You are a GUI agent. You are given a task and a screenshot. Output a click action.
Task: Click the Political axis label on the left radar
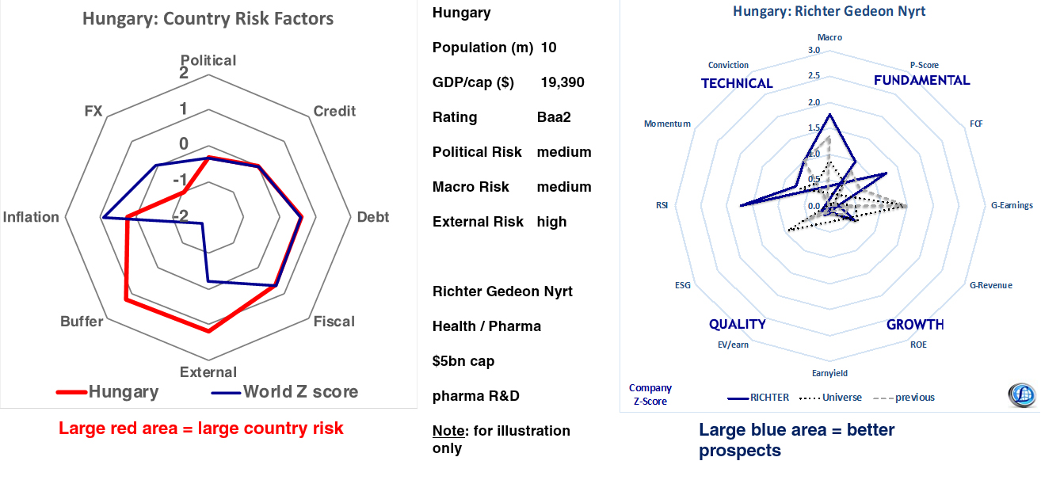(208, 60)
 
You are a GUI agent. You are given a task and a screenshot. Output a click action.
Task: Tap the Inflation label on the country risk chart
(31, 217)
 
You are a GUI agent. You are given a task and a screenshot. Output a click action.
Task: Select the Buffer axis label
(82, 322)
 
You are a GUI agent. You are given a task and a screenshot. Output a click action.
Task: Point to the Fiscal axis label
(334, 322)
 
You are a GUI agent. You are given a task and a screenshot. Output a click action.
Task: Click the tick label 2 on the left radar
(184, 73)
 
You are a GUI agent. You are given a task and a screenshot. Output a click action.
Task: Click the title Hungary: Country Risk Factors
(208, 18)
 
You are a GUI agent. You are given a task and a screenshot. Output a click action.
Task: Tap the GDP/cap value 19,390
(562, 82)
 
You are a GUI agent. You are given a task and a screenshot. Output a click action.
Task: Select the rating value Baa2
(554, 117)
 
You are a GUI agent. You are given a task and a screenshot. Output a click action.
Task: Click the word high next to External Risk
(551, 222)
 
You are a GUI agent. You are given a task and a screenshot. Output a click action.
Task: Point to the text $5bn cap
(463, 361)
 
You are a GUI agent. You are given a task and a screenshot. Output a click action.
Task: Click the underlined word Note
(449, 431)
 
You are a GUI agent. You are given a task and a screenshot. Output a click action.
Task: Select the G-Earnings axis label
(1012, 205)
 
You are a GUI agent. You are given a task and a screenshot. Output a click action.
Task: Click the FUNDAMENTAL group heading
(921, 80)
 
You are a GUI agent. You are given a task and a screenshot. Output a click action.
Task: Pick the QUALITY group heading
(737, 324)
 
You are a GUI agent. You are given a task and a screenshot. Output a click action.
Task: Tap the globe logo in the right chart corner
(1021, 394)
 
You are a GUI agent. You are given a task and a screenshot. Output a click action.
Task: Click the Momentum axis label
(667, 124)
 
